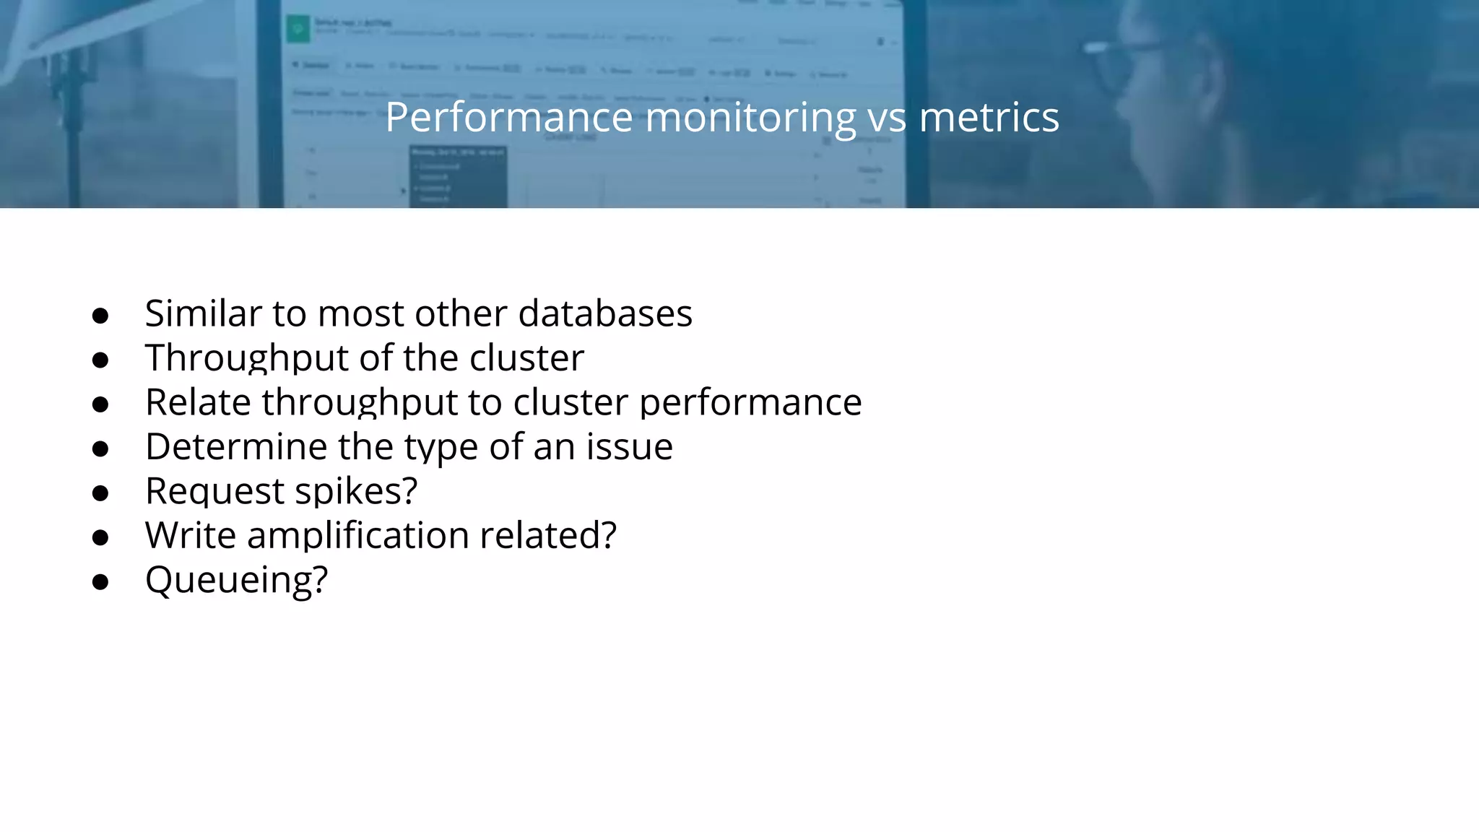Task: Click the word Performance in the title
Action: [x=509, y=117]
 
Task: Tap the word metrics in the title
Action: [x=989, y=117]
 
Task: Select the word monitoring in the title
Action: [x=750, y=118]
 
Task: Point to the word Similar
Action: [x=203, y=313]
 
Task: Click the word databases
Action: [x=605, y=313]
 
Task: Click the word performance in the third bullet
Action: [x=750, y=403]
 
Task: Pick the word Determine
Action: [x=235, y=446]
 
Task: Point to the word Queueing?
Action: [x=237, y=580]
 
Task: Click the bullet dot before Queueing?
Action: [x=100, y=581]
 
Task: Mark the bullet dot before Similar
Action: [x=100, y=316]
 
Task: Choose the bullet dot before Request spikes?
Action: [x=100, y=493]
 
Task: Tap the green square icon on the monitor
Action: [x=297, y=30]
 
